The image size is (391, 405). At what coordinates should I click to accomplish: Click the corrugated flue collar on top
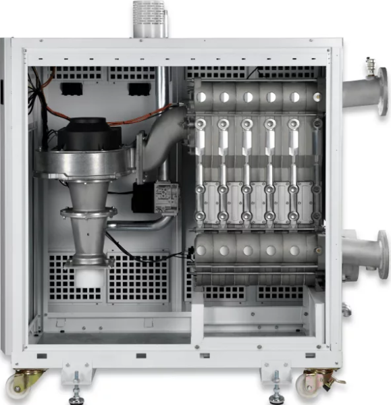click(149, 18)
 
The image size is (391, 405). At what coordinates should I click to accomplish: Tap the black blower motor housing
click(84, 134)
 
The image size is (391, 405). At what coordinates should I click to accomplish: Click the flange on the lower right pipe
click(382, 254)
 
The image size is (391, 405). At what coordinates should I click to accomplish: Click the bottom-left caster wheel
click(21, 383)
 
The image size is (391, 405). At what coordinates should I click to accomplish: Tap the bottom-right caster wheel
click(313, 383)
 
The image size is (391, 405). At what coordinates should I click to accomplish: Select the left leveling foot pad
click(76, 399)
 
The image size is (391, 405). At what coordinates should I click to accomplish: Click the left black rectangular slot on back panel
click(71, 88)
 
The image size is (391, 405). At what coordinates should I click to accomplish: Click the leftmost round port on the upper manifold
click(202, 97)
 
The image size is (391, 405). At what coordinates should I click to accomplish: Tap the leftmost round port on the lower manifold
click(202, 250)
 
